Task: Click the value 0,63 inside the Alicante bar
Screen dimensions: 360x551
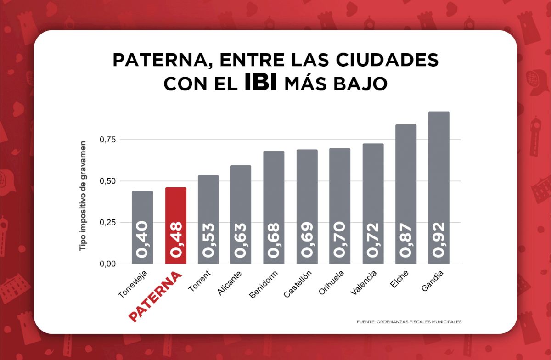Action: pos(241,240)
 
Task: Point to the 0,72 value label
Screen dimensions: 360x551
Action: pos(373,240)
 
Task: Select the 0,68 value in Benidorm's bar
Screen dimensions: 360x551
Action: pos(274,240)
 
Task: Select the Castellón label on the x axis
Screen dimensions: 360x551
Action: pos(298,284)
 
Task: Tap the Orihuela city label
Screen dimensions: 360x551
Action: pos(331,284)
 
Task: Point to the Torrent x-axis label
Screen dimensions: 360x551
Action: pos(200,281)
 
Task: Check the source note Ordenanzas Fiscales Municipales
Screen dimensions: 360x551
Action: pos(409,322)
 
